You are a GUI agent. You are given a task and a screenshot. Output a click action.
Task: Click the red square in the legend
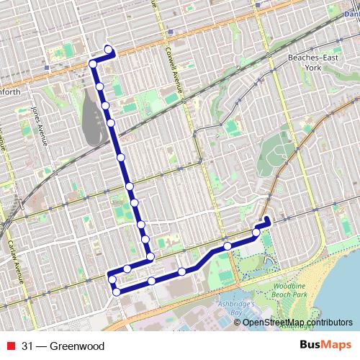pos(12,346)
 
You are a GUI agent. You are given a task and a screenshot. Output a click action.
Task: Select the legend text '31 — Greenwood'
pos(63,346)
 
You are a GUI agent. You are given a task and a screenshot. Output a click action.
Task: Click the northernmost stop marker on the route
pos(109,50)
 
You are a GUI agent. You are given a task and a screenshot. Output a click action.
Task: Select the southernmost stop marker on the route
pos(117,292)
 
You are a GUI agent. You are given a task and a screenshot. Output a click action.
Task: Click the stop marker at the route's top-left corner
pos(93,65)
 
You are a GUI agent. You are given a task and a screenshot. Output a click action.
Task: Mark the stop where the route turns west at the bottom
pos(150,256)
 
